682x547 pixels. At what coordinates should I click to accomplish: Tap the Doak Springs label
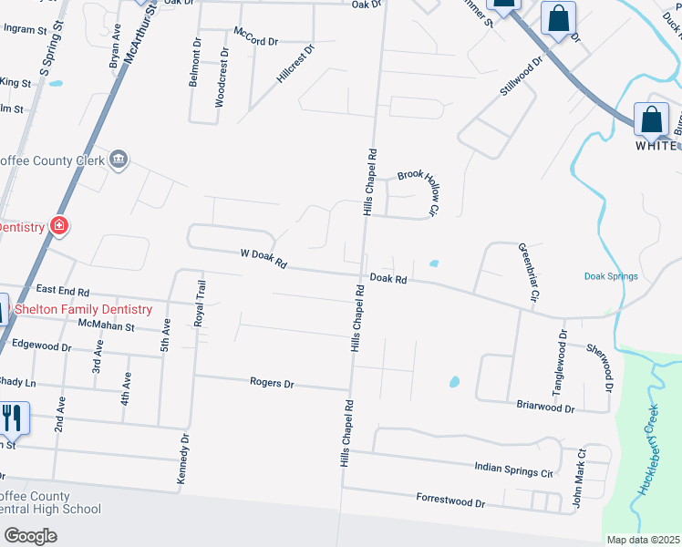(610, 276)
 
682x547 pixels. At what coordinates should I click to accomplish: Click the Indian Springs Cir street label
(514, 469)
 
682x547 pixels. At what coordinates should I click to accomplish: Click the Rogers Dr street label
(272, 384)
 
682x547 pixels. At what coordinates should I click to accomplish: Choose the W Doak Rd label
(263, 259)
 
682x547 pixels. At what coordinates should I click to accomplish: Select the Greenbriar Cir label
(529, 272)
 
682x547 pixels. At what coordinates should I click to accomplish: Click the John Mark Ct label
(578, 479)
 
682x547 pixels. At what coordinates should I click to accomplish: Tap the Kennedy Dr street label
(183, 459)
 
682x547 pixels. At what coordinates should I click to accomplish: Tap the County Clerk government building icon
(119, 160)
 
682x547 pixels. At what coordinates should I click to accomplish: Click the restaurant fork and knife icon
(11, 418)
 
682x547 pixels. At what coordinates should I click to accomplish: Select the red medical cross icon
(59, 225)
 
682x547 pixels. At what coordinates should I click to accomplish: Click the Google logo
(30, 536)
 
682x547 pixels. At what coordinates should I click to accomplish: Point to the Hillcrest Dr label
(294, 66)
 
